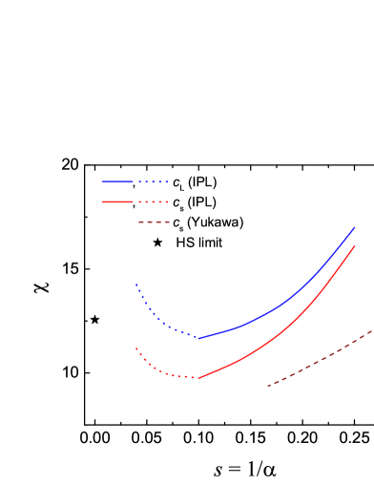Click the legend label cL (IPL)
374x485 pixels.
(x=196, y=181)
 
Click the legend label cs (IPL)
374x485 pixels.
(x=195, y=201)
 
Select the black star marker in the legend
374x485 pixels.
(x=156, y=242)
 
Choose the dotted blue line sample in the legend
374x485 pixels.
(x=153, y=181)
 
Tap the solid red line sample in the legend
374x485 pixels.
(x=116, y=201)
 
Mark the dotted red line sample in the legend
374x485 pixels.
(x=153, y=201)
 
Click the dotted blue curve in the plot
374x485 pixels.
(x=157, y=319)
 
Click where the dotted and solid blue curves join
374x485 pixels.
(x=199, y=337)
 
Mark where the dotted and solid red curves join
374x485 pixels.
(x=199, y=377)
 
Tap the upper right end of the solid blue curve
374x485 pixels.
(x=354, y=228)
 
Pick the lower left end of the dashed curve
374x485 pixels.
(x=268, y=386)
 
